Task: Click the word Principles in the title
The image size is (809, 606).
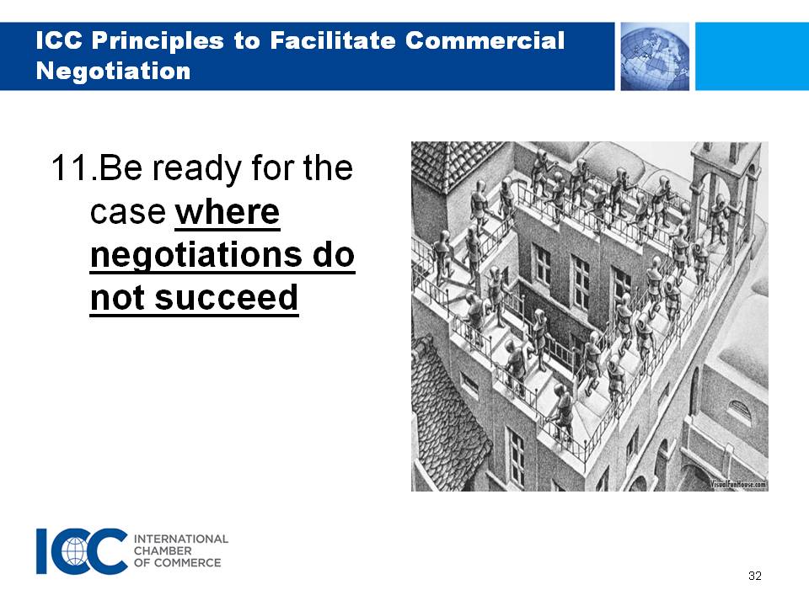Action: pyautogui.click(x=158, y=40)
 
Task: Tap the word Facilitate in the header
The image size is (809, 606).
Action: pyautogui.click(x=332, y=40)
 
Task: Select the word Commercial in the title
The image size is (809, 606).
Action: pyautogui.click(x=485, y=40)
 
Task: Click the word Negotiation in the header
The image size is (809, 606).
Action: pyautogui.click(x=114, y=71)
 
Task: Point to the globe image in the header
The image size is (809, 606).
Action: pyautogui.click(x=655, y=56)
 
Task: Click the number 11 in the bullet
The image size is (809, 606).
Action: pyautogui.click(x=70, y=168)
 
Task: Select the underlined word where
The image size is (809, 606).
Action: pyautogui.click(x=228, y=211)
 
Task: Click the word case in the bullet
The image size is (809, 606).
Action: pyautogui.click(x=128, y=212)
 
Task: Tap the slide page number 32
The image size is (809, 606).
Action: pyautogui.click(x=755, y=576)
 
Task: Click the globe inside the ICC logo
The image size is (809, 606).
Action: pyautogui.click(x=75, y=551)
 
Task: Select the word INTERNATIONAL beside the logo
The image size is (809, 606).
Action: pyautogui.click(x=181, y=539)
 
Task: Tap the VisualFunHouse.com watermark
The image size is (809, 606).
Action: pyautogui.click(x=738, y=485)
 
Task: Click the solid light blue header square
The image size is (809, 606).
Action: pyautogui.click(x=753, y=56)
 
